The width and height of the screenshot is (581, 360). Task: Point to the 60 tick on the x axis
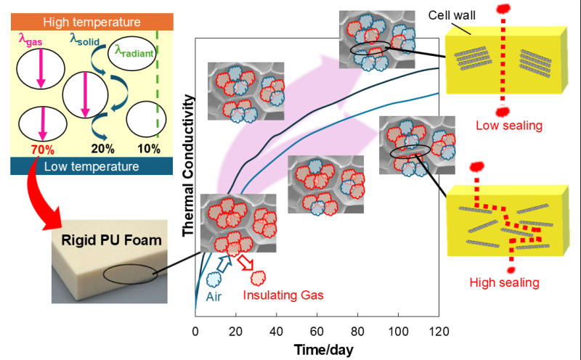[x=317, y=332]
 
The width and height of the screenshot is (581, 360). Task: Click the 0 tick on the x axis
[x=195, y=332]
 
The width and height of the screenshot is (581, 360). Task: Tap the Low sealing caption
[x=509, y=126]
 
